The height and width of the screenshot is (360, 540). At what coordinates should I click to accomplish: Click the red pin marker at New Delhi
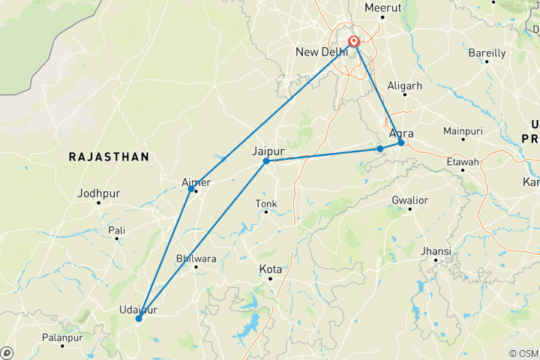pyautogui.click(x=352, y=43)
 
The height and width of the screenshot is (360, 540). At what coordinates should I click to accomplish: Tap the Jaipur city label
pyautogui.click(x=269, y=151)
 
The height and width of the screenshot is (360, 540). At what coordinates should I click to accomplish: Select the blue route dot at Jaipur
pyautogui.click(x=266, y=161)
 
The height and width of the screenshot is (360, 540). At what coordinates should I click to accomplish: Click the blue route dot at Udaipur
pyautogui.click(x=139, y=319)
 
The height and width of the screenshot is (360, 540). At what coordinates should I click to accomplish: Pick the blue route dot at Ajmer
pyautogui.click(x=191, y=189)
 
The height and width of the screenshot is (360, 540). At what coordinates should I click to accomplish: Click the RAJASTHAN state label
pyautogui.click(x=109, y=157)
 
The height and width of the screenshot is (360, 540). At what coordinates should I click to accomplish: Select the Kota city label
pyautogui.click(x=270, y=268)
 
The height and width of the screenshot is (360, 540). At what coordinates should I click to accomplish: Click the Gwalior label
pyautogui.click(x=409, y=200)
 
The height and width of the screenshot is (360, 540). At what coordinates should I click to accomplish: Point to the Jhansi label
pyautogui.click(x=436, y=250)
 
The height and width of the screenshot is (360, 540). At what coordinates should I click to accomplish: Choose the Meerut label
pyautogui.click(x=383, y=7)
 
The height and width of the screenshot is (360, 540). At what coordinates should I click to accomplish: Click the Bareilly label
pyautogui.click(x=487, y=53)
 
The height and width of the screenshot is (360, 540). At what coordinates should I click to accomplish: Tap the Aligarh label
pyautogui.click(x=405, y=86)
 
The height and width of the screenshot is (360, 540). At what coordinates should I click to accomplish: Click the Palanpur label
pyautogui.click(x=61, y=338)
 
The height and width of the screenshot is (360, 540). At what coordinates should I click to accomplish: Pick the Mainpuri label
pyautogui.click(x=462, y=131)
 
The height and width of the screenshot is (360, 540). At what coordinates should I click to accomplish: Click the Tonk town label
pyautogui.click(x=266, y=203)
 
